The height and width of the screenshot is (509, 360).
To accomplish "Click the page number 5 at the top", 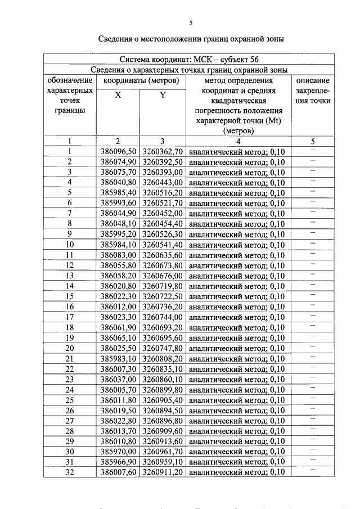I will (191, 22).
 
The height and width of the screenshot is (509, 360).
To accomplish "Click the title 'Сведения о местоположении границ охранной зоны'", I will (191, 39).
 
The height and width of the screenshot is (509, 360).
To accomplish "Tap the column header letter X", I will (118, 95).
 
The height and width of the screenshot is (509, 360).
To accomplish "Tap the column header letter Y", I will (163, 95).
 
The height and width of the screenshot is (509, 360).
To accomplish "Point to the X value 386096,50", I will (118, 152).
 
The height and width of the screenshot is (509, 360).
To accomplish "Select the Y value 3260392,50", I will (163, 162).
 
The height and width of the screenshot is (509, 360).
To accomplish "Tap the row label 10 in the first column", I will (70, 245).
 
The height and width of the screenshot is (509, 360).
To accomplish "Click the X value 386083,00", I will (118, 255).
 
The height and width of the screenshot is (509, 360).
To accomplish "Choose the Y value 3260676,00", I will (163, 276).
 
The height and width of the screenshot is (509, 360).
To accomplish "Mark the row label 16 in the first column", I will (70, 307).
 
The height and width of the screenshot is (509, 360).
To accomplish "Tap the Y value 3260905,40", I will (163, 400).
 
